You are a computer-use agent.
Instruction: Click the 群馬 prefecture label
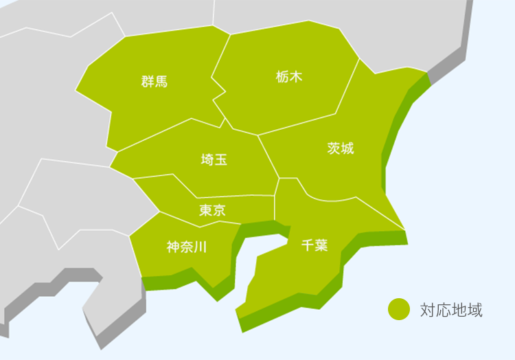(154, 82)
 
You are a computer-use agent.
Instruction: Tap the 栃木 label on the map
(288, 77)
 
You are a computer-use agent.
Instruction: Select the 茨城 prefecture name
(341, 148)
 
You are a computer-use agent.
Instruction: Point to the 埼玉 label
(214, 160)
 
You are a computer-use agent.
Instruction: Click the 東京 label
(212, 210)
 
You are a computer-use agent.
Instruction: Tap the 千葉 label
(314, 245)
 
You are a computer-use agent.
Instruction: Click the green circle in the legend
(398, 309)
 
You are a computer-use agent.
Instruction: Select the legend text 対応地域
(451, 310)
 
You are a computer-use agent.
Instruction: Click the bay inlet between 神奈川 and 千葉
(261, 245)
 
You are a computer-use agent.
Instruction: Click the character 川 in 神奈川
(199, 247)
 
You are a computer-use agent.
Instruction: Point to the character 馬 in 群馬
(161, 82)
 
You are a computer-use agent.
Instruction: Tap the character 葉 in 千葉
(321, 245)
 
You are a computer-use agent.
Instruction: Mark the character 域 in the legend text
(474, 310)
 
